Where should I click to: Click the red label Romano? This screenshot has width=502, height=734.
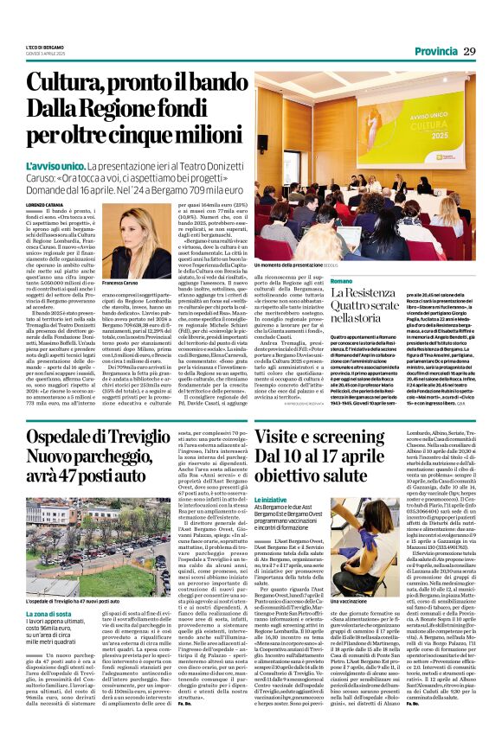click(268, 282)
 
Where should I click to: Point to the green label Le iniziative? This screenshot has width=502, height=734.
click(272, 501)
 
